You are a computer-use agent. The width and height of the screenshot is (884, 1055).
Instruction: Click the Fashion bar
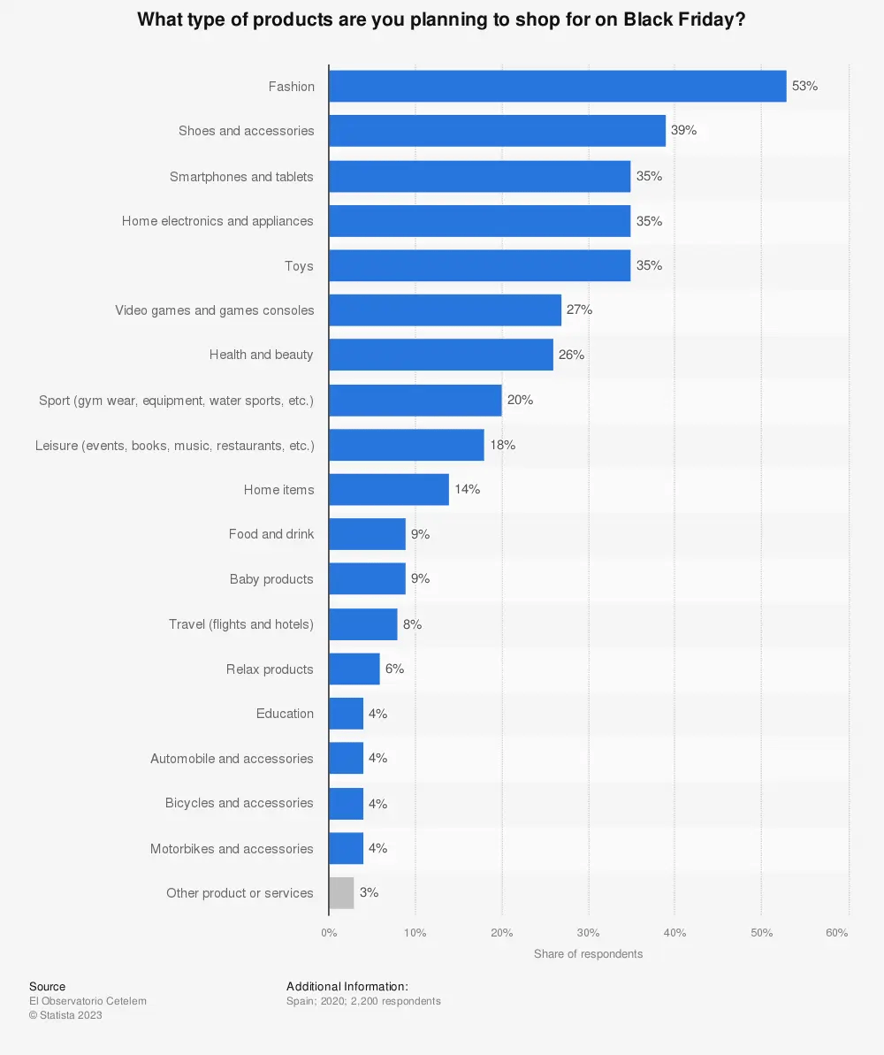click(x=557, y=86)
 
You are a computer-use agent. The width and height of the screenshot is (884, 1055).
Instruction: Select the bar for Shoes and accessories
click(x=497, y=131)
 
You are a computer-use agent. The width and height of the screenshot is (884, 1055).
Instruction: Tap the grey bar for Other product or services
click(x=341, y=893)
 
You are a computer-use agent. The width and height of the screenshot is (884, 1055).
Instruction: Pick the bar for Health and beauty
click(x=440, y=355)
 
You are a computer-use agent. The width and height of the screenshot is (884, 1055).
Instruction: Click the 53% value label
click(x=804, y=86)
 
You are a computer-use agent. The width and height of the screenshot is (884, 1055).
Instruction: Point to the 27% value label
click(x=579, y=310)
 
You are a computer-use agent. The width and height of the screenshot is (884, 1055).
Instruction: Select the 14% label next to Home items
click(x=467, y=489)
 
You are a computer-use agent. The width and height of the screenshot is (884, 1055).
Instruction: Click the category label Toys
click(x=299, y=266)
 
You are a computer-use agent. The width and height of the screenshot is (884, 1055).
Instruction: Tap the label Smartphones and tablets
click(x=241, y=177)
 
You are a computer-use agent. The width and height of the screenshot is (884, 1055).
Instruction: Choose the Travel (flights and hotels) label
click(x=241, y=624)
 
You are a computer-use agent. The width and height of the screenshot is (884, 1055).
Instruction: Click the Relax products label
click(x=270, y=669)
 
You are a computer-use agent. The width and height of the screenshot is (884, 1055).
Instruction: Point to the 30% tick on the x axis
click(x=588, y=933)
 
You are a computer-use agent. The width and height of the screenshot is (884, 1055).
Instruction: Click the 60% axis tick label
click(x=836, y=933)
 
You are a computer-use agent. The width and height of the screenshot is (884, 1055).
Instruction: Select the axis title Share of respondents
click(x=588, y=954)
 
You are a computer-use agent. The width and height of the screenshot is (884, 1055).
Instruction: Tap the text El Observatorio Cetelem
click(x=88, y=1001)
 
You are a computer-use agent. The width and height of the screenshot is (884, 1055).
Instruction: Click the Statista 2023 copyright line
click(x=65, y=1015)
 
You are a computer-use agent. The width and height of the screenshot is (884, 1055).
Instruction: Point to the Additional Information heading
click(x=347, y=986)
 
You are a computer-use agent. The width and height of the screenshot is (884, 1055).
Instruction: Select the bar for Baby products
click(x=367, y=579)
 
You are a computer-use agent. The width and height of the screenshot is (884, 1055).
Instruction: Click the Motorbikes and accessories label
click(x=232, y=849)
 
